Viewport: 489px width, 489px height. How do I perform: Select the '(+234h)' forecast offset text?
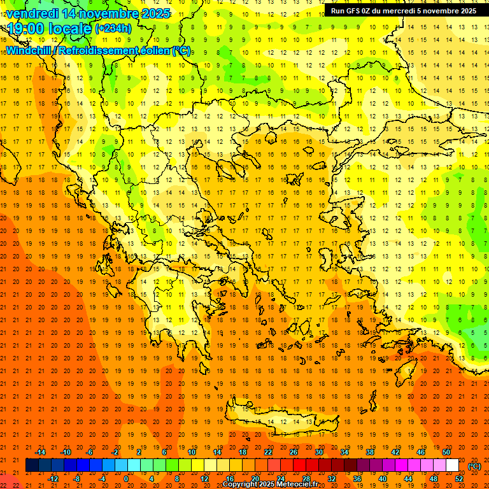coord(113,28)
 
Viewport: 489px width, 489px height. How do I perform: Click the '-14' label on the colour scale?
coord(40,451)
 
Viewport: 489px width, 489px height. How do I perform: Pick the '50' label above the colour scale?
coord(446,451)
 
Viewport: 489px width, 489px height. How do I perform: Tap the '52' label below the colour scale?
coord(459,479)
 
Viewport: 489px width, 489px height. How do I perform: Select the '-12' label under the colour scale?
coord(53,479)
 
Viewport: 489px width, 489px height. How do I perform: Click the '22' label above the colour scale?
coord(268,451)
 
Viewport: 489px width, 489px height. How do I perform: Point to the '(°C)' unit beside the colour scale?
coord(474,466)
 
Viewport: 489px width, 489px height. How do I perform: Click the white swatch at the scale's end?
coord(452,465)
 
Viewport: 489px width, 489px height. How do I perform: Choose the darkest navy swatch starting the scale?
coord(32,465)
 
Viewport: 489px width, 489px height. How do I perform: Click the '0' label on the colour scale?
coord(126,479)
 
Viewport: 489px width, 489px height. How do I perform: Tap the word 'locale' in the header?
coord(71,29)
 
